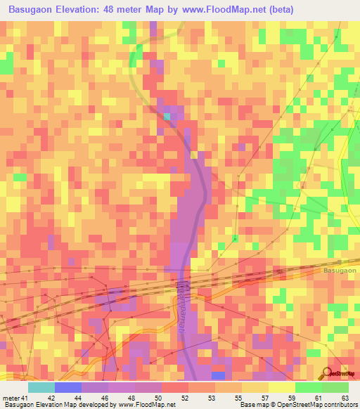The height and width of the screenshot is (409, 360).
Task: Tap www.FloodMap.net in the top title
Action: pyautogui.click(x=224, y=10)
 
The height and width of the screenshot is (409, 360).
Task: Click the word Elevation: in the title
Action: pyautogui.click(x=89, y=10)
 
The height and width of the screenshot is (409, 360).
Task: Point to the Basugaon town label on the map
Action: pyautogui.click(x=340, y=270)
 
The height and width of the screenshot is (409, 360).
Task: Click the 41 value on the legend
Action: pyautogui.click(x=26, y=398)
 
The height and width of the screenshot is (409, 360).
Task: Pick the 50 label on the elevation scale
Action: pyautogui.click(x=159, y=398)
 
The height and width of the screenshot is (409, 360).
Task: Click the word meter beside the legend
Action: pyautogui.click(x=11, y=398)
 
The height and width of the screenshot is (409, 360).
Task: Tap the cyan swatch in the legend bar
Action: pyautogui.click(x=41, y=387)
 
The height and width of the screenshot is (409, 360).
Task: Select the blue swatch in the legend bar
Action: pyautogui.click(x=68, y=387)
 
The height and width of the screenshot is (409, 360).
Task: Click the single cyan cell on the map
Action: pyautogui.click(x=167, y=117)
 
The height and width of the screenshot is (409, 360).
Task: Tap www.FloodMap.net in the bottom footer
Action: pyautogui.click(x=146, y=405)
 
